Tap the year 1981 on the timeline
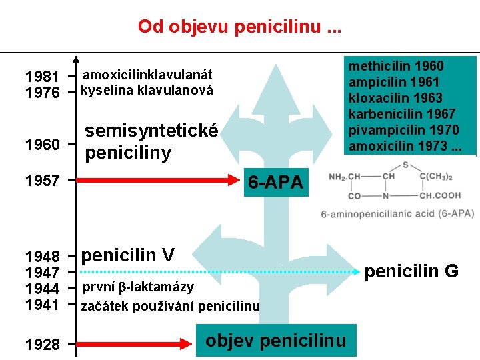pyautogui.click(x=42, y=76)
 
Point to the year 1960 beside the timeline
pyautogui.click(x=42, y=144)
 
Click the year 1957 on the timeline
pyautogui.click(x=42, y=180)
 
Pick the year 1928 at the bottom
pyautogui.click(x=42, y=345)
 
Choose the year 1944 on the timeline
pyautogui.click(x=42, y=289)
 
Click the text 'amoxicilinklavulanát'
pyautogui.click(x=147, y=75)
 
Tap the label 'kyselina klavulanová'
pyautogui.click(x=147, y=91)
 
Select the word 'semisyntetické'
pyautogui.click(x=151, y=132)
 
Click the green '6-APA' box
pyautogui.click(x=275, y=181)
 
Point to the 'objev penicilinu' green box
pyautogui.click(x=276, y=341)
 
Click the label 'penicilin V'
pyautogui.click(x=127, y=255)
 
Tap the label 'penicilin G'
pyautogui.click(x=411, y=271)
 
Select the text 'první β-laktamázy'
pyautogui.click(x=138, y=287)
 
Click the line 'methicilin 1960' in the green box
pyautogui.click(x=396, y=67)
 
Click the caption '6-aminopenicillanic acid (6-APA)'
pyautogui.click(x=397, y=213)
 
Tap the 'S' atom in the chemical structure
pyautogui.click(x=404, y=165)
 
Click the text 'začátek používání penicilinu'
pyautogui.click(x=170, y=307)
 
